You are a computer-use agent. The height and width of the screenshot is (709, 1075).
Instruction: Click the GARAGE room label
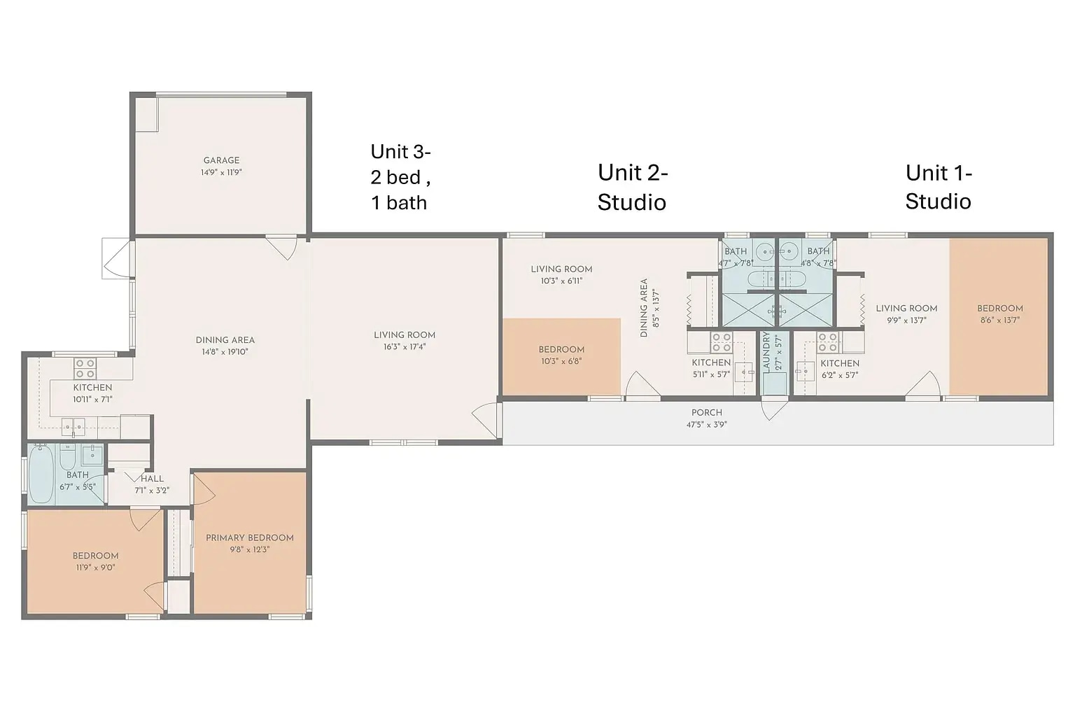click(221, 160)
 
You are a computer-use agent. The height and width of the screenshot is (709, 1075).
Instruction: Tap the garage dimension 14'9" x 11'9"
click(221, 172)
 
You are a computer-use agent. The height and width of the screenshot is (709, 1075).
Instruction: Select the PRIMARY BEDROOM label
click(250, 538)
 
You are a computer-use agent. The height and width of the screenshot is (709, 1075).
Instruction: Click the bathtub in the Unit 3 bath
click(41, 474)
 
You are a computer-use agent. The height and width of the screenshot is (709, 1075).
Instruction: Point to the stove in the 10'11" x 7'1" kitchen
click(85, 369)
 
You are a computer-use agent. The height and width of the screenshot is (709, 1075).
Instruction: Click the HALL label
click(152, 479)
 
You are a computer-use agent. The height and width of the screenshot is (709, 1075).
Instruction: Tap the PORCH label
click(706, 412)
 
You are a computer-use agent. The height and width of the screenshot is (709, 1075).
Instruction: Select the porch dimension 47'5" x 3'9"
click(706, 424)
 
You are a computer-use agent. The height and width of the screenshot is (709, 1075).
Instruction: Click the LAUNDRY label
click(766, 352)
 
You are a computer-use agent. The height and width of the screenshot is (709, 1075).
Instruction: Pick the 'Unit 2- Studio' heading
click(633, 187)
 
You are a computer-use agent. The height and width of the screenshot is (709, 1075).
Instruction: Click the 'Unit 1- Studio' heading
click(939, 187)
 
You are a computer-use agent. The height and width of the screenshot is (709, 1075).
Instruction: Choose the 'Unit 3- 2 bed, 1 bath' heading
click(401, 177)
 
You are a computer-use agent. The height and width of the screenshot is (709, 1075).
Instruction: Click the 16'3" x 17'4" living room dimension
click(405, 346)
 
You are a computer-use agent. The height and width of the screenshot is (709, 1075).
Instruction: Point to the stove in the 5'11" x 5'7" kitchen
click(722, 342)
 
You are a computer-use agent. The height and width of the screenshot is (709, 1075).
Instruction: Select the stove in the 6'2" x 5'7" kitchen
click(828, 342)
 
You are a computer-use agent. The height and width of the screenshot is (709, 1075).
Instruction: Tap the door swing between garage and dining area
click(283, 248)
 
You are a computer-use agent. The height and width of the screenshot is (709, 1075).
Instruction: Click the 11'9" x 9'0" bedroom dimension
click(95, 568)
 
